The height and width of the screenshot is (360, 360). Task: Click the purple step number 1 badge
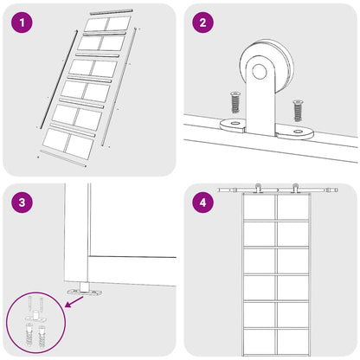click(22, 22)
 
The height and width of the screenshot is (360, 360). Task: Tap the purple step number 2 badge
click(202, 22)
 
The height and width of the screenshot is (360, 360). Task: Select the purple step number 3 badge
click(22, 202)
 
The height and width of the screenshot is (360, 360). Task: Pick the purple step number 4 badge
click(202, 202)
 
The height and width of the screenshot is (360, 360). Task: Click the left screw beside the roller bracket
click(235, 102)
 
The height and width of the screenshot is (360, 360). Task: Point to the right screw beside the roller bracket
click(298, 110)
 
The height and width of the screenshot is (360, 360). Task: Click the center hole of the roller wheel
click(260, 71)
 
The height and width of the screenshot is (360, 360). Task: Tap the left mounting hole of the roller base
click(235, 124)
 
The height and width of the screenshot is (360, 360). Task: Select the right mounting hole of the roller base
click(298, 132)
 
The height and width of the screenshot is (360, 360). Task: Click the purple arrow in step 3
click(74, 301)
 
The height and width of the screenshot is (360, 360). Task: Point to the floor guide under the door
click(84, 290)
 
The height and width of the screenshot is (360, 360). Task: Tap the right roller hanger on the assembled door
click(295, 188)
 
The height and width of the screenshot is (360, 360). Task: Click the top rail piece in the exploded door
click(111, 11)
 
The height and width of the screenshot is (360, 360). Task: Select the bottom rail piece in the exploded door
click(63, 158)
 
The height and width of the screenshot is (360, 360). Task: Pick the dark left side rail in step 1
click(59, 79)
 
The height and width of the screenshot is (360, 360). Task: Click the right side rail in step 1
click(119, 87)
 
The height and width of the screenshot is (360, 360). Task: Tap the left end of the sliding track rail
click(218, 190)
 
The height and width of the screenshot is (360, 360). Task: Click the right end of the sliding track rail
click(337, 190)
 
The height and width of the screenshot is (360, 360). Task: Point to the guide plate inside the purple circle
click(35, 318)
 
